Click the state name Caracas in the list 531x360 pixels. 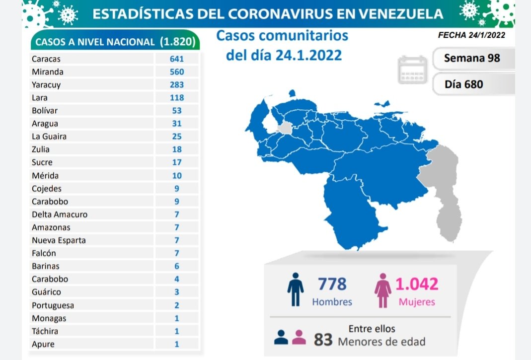[x=46, y=59]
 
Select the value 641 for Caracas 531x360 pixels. [x=177, y=59]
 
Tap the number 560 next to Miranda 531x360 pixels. [x=177, y=72]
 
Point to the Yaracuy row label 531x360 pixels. [x=46, y=84]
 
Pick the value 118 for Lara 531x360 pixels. [x=177, y=97]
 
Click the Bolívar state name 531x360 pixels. [x=44, y=110]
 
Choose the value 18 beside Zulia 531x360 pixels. [x=177, y=149]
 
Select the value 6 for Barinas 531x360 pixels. [x=177, y=266]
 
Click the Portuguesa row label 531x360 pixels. [x=51, y=305]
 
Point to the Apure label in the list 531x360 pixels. [x=43, y=344]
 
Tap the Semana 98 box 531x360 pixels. [x=472, y=58]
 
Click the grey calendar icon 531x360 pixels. [x=412, y=70]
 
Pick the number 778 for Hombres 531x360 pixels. [x=331, y=284]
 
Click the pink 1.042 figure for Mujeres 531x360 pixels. [x=416, y=284]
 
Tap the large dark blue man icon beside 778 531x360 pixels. [x=295, y=289]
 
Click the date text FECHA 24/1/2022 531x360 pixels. [x=472, y=35]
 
